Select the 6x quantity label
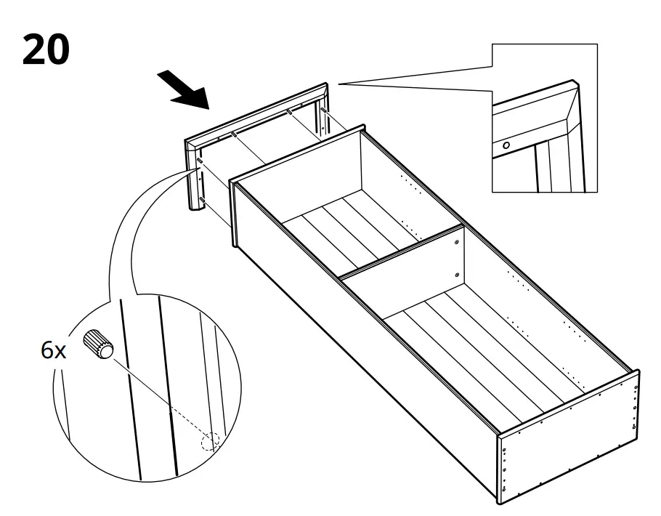click(52, 351)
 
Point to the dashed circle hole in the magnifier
click(209, 441)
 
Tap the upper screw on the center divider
click(455, 242)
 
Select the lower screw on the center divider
click(455, 274)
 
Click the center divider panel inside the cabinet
click(407, 276)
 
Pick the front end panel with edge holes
click(567, 436)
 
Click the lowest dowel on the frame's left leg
click(199, 198)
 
